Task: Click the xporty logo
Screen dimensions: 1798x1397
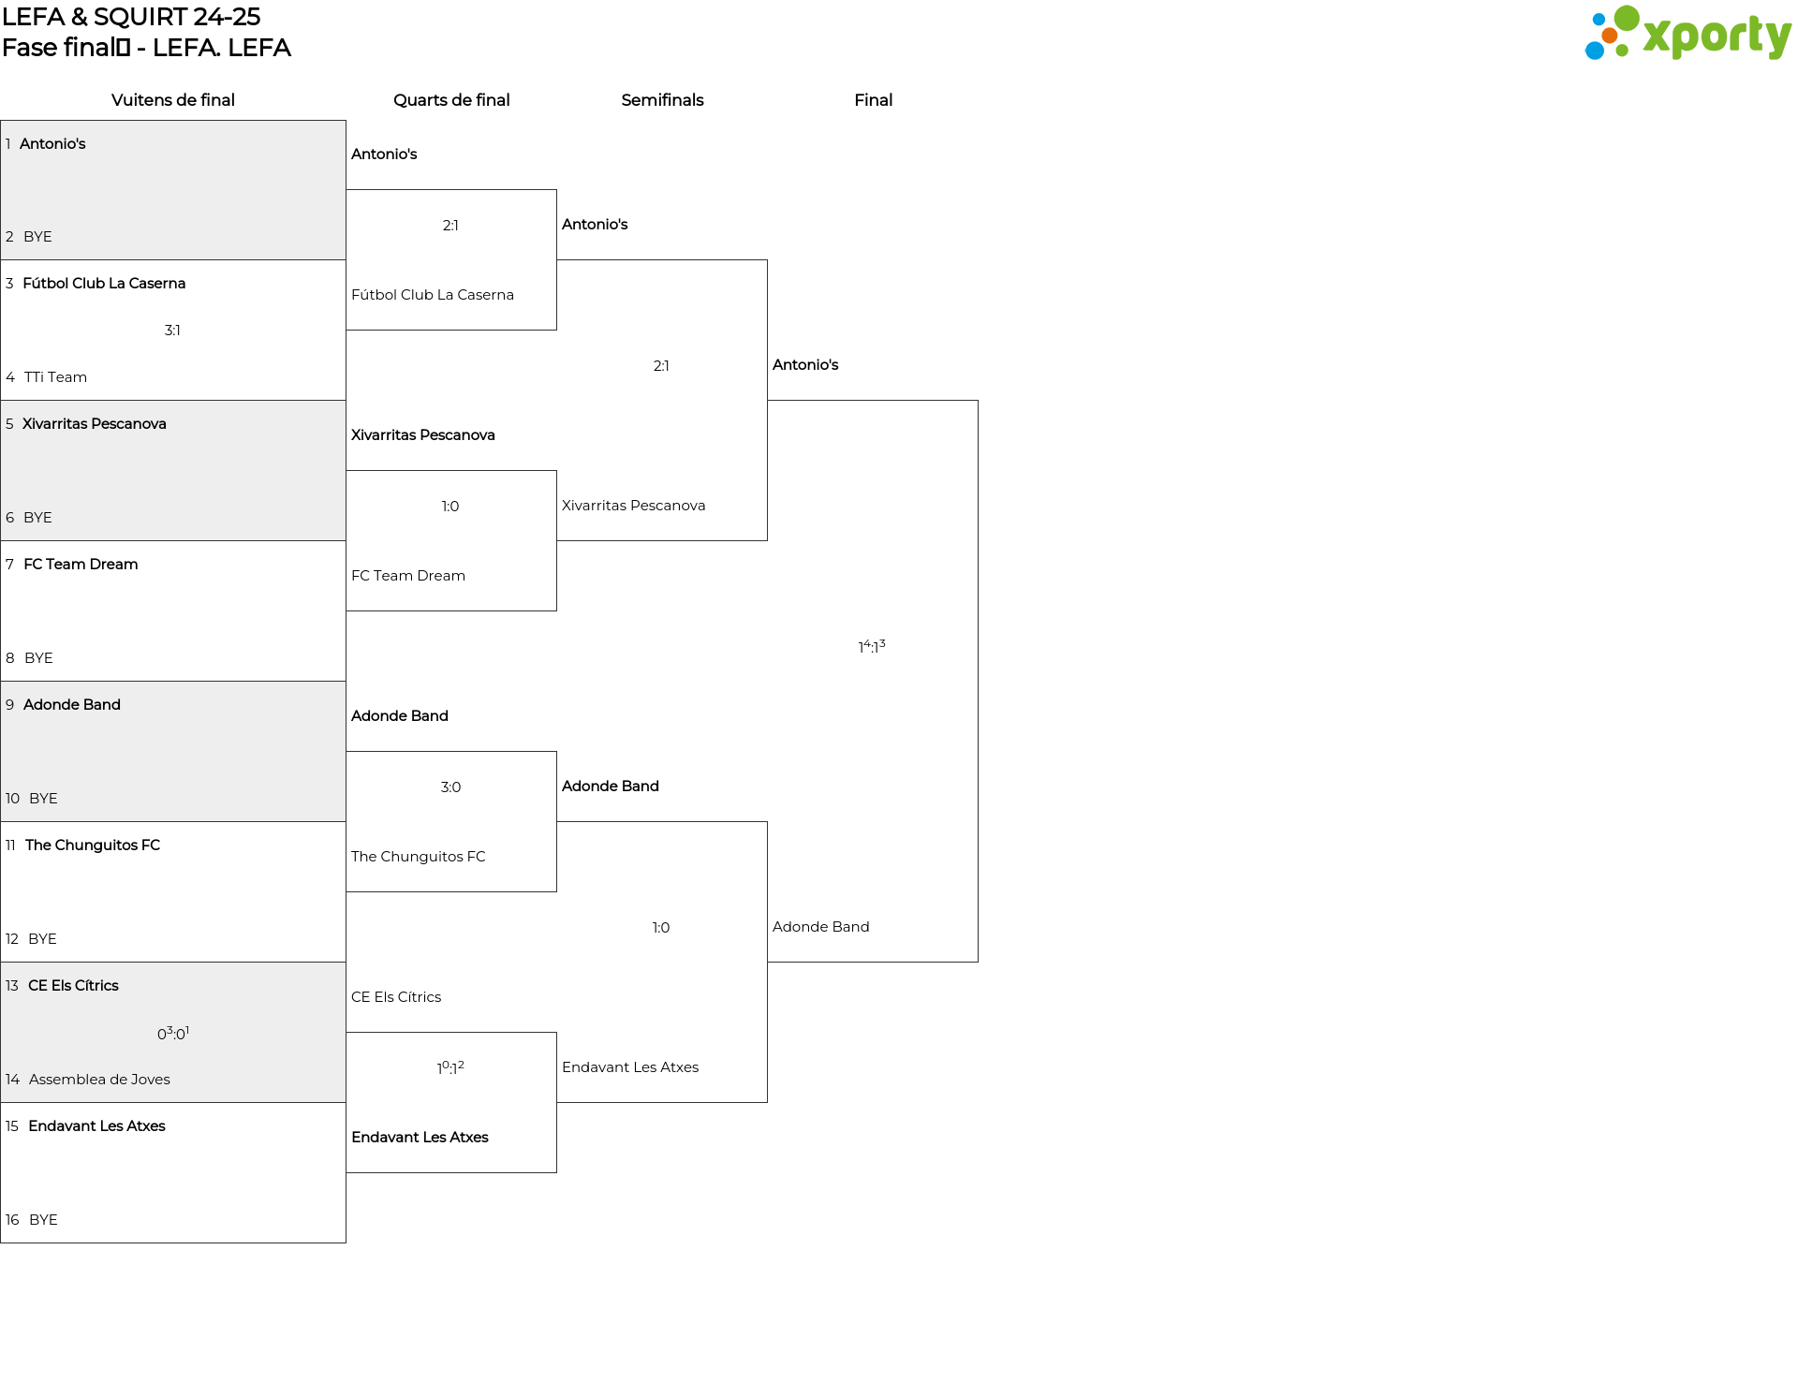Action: click(1687, 34)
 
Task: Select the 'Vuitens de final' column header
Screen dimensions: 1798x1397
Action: click(173, 100)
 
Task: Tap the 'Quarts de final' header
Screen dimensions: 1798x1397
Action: click(451, 100)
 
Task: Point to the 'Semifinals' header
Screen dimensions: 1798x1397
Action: click(662, 100)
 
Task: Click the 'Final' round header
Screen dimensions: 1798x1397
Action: click(873, 100)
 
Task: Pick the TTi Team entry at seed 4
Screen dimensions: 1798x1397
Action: click(55, 377)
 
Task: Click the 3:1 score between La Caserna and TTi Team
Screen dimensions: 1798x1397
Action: click(172, 331)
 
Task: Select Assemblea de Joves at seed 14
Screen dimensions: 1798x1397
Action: click(99, 1080)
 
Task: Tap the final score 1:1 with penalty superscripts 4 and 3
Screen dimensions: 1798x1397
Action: click(872, 646)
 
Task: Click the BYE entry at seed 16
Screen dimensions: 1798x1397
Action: click(43, 1220)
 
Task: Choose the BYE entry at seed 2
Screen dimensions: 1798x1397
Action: click(37, 237)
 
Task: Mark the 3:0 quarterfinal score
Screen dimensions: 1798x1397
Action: click(450, 787)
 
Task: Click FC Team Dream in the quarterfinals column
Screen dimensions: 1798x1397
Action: click(408, 576)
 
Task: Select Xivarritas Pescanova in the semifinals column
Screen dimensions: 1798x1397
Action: click(634, 506)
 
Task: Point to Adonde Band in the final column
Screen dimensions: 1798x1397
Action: click(821, 927)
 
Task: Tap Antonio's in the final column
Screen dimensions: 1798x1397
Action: click(805, 365)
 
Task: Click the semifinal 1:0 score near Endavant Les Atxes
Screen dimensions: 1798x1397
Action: click(661, 928)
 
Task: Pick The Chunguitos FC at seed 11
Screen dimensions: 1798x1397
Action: click(93, 846)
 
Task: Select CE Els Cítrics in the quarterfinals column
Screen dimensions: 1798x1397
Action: click(396, 997)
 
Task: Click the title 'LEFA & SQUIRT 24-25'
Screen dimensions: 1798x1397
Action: click(131, 17)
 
